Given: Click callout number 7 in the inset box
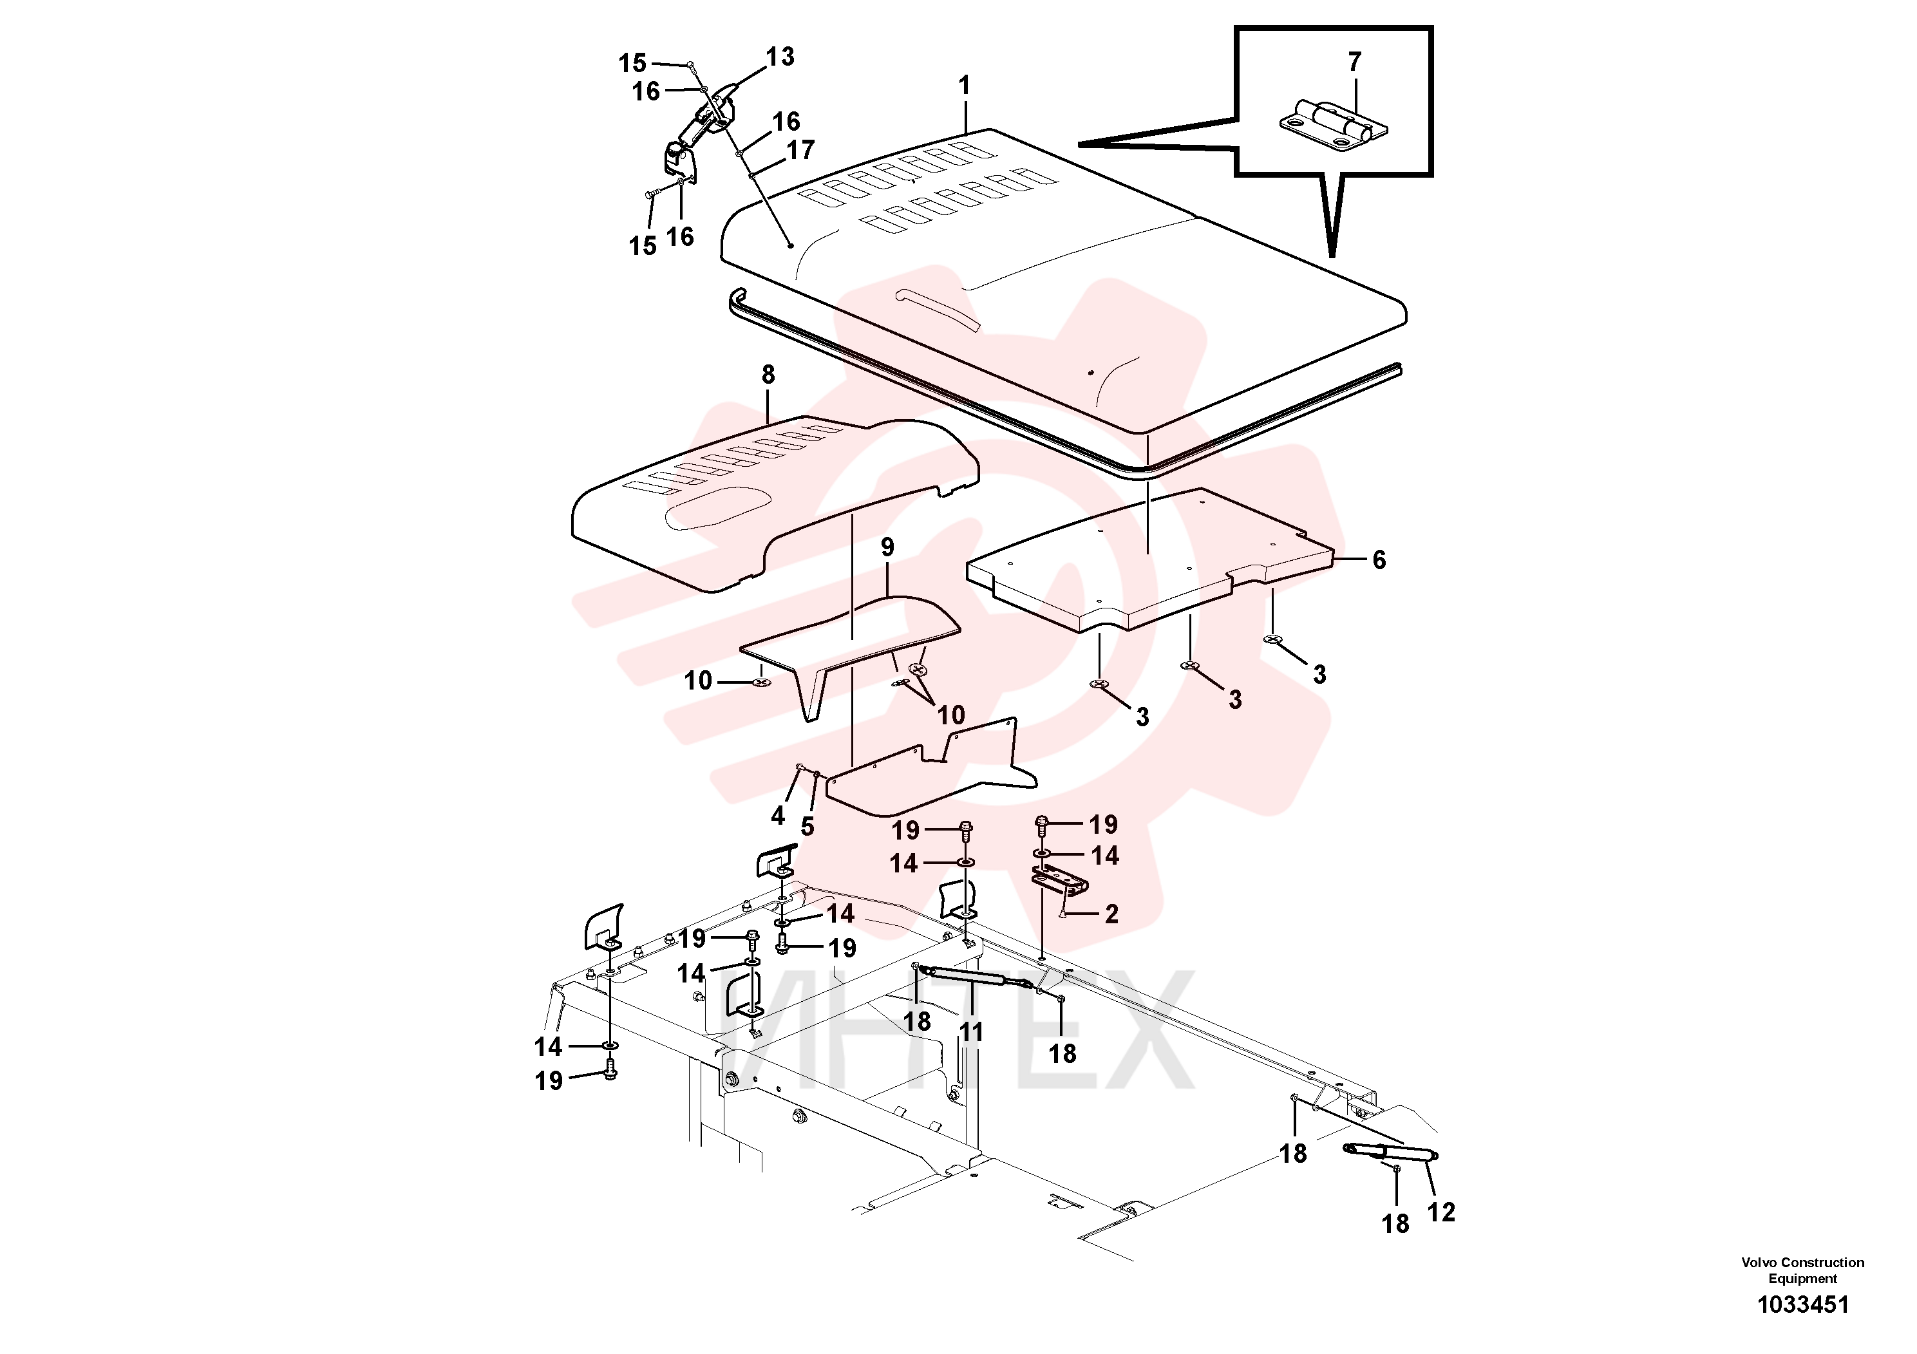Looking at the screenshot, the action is point(1354,62).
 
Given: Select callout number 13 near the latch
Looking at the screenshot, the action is point(780,57).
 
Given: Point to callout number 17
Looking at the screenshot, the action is point(800,150).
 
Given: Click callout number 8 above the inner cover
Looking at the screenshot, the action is point(768,375).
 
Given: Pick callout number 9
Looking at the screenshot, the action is point(887,548).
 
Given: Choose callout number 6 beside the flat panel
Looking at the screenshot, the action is point(1379,560).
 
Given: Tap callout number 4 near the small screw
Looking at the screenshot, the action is point(778,816).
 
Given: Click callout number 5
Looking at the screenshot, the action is point(807,827).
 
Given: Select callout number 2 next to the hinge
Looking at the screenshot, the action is point(1111,914).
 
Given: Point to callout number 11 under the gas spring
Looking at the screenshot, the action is point(970,1033).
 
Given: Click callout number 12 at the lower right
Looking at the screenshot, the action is point(1440,1212).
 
